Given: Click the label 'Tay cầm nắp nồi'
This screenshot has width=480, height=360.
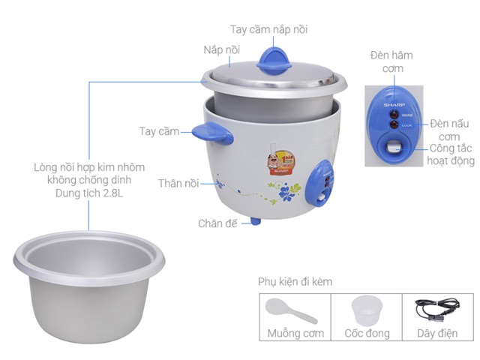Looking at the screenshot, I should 268,29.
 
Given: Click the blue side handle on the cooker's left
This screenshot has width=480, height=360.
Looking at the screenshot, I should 209,132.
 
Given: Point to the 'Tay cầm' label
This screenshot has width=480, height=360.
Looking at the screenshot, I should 158,131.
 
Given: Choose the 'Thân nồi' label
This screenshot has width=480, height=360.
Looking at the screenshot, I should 178,183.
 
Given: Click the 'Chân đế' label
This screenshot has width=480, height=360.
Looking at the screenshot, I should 219,223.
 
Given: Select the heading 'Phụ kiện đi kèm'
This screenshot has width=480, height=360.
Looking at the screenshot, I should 295,282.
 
